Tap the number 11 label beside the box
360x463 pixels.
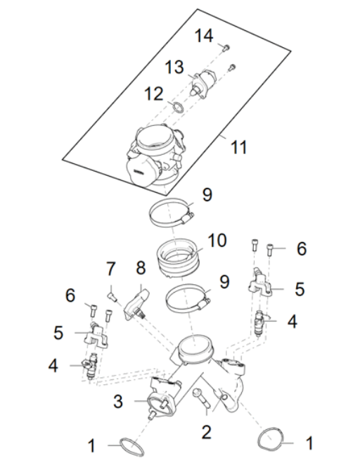240,148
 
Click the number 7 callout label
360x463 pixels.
110,269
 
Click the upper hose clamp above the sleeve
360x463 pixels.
173,210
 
